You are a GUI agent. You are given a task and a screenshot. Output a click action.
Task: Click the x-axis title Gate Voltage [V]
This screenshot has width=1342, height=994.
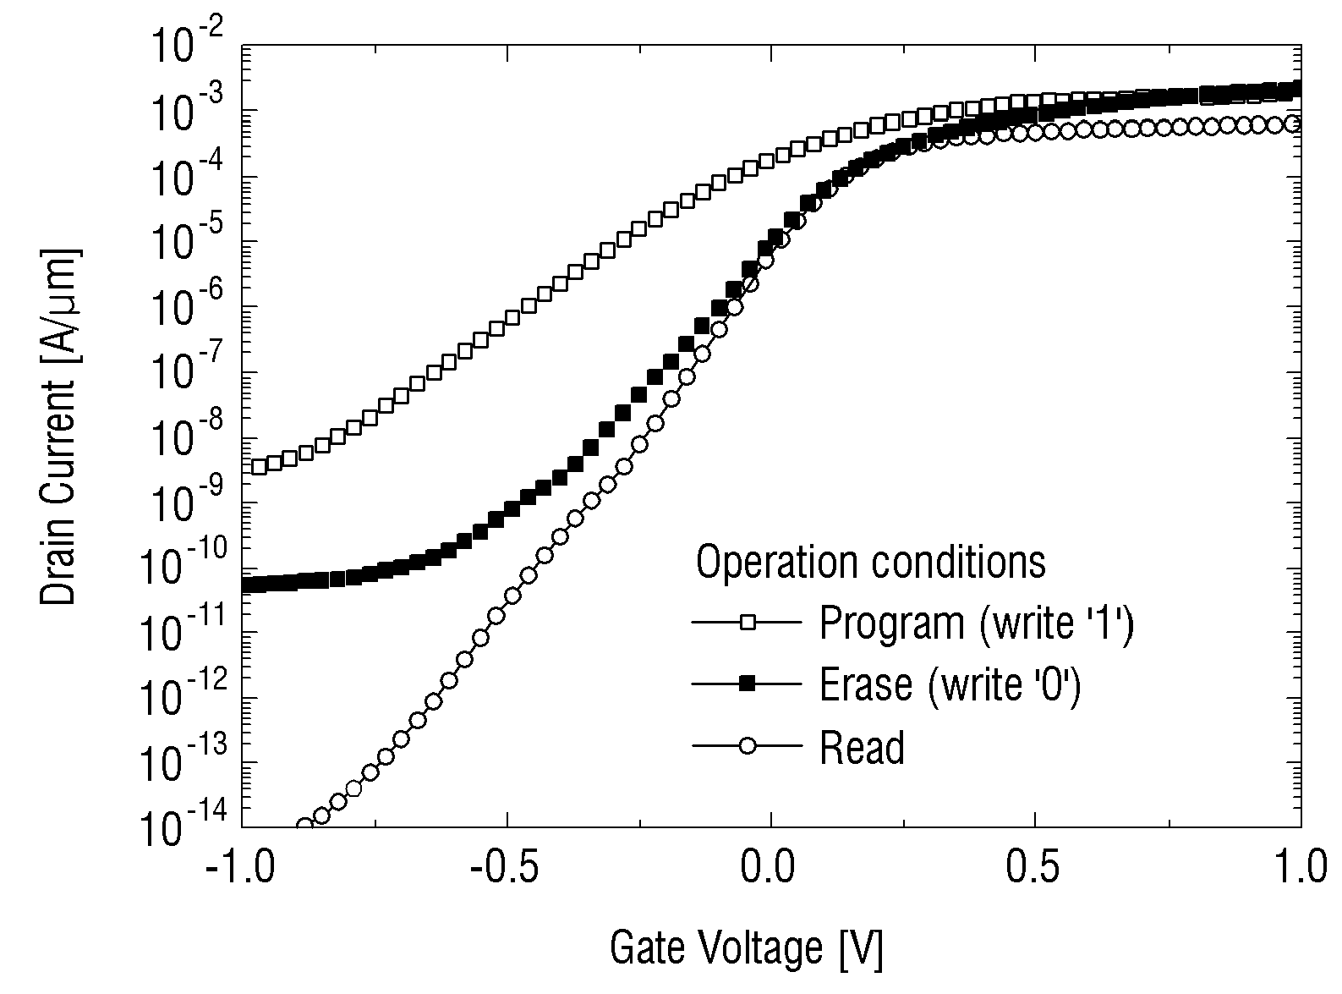(x=747, y=948)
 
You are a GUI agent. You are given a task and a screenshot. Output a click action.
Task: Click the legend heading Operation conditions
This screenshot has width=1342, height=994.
(x=870, y=563)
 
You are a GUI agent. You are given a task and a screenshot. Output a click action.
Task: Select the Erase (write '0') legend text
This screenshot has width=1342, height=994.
(x=950, y=685)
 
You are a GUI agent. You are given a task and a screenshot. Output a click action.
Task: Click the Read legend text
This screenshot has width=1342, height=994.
(x=862, y=748)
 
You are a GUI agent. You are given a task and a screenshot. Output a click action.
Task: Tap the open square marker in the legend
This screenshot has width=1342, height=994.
(x=748, y=622)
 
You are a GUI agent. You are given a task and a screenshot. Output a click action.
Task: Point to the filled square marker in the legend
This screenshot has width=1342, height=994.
(x=748, y=684)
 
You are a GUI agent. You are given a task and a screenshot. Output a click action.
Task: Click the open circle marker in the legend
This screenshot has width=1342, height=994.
(x=748, y=745)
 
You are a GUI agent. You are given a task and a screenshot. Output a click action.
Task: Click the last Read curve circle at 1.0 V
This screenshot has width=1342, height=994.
(x=1293, y=124)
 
